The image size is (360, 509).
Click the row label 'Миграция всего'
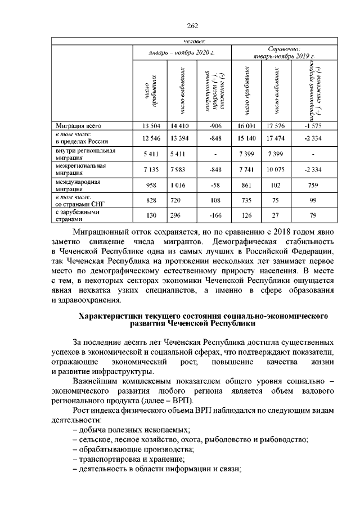tap(78, 125)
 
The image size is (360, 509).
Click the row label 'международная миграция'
tap(78, 186)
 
